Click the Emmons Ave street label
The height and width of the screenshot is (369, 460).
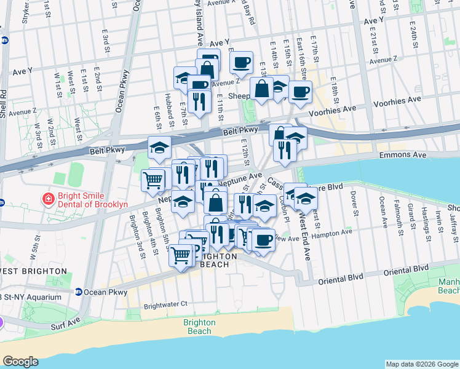pyautogui.click(x=400, y=156)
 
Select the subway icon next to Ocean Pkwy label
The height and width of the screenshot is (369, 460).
pyautogui.click(x=79, y=292)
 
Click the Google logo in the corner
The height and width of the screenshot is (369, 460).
pyautogui.click(x=20, y=362)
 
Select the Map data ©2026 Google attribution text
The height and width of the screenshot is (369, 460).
pyautogui.click(x=421, y=364)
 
